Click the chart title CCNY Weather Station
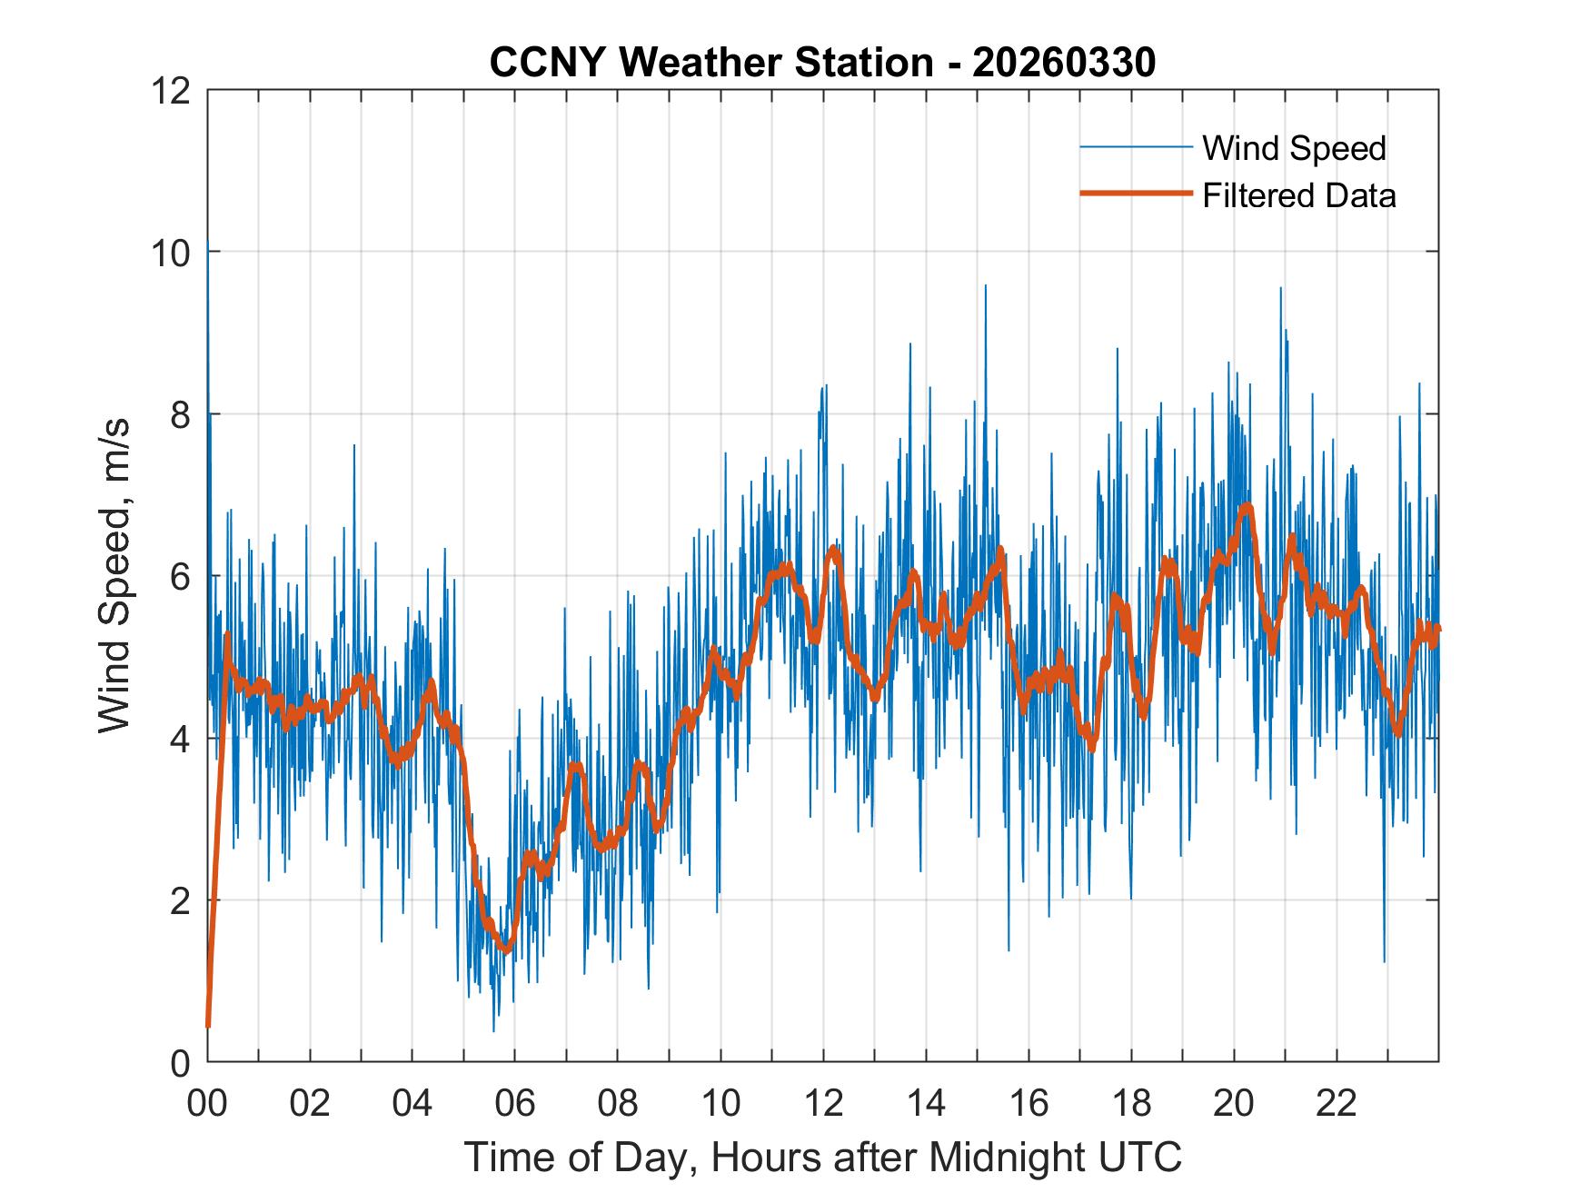[x=711, y=63]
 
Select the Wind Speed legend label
[x=1294, y=148]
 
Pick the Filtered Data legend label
[x=1298, y=195]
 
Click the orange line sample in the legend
[x=1136, y=194]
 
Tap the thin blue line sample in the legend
[x=1136, y=147]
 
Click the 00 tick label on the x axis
[x=207, y=1104]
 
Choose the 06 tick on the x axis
[x=515, y=1104]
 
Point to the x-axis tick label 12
[x=823, y=1104]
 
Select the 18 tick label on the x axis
[x=1131, y=1104]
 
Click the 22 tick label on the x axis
[x=1337, y=1104]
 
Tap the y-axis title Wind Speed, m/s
[x=114, y=575]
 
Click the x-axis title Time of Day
[x=822, y=1157]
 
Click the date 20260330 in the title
[x=1063, y=63]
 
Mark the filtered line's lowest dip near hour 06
[x=507, y=950]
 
